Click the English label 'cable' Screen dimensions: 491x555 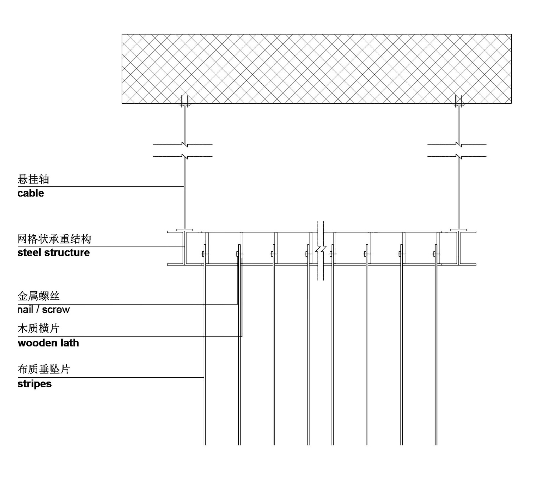(31, 193)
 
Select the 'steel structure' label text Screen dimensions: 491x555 (54, 253)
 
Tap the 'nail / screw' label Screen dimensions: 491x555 (44, 310)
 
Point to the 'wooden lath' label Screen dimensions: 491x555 (48, 343)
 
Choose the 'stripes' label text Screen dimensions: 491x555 (34, 384)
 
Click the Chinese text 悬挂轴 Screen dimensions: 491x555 (33, 179)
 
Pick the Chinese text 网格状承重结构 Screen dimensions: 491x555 (54, 239)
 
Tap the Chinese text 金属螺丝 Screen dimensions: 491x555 (39, 296)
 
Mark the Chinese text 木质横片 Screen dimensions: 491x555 (39, 328)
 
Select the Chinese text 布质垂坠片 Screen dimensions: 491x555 (44, 369)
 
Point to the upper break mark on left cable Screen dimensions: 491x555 (185, 144)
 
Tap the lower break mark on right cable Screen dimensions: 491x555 (459, 156)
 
